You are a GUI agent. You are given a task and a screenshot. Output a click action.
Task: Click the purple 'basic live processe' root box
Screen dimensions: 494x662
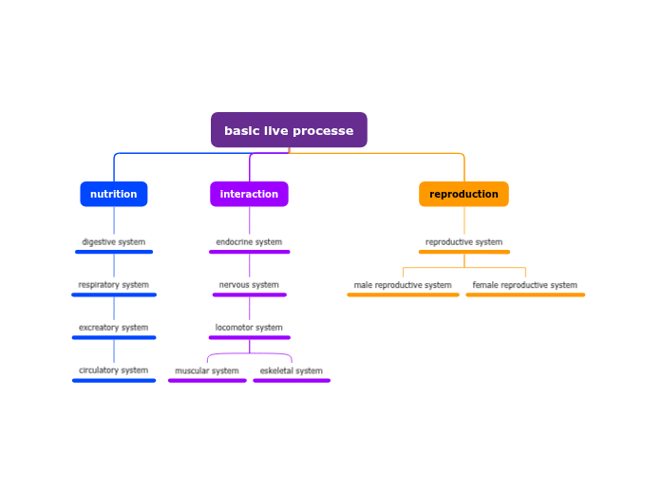point(289,130)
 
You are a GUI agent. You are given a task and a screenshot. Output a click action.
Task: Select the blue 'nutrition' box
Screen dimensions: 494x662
point(114,194)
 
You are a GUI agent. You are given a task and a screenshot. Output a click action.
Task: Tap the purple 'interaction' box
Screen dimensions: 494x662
point(249,194)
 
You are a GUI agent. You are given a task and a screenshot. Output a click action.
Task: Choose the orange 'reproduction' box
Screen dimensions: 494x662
point(463,194)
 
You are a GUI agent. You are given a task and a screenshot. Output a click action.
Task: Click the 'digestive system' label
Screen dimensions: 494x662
point(114,242)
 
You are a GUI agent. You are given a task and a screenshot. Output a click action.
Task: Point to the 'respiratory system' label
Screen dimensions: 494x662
point(114,285)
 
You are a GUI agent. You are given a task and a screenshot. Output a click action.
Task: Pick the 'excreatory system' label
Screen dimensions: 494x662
point(114,328)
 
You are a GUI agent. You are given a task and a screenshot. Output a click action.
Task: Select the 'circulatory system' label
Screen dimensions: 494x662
point(114,370)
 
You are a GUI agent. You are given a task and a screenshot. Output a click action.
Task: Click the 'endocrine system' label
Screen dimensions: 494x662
point(249,242)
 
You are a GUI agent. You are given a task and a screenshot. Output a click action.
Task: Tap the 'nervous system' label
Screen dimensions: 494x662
point(249,285)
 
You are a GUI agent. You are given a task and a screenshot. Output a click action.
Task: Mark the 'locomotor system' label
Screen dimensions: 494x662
point(249,328)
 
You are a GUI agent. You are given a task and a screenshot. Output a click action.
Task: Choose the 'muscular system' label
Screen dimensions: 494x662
point(207,370)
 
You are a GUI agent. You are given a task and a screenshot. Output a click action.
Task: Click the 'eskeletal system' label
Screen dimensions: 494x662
point(292,370)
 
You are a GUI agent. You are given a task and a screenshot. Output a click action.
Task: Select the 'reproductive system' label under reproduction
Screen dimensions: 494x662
point(463,242)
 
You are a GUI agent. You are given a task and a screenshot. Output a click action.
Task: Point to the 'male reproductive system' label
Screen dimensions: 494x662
point(403,285)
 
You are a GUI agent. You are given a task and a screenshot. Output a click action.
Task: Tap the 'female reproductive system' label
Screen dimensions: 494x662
point(525,285)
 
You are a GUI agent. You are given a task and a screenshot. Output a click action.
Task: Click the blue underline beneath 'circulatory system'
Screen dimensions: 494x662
point(114,381)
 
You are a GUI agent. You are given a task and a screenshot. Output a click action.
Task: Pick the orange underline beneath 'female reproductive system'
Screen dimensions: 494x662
point(525,295)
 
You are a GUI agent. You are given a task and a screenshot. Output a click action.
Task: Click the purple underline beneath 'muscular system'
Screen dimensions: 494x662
point(207,381)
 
